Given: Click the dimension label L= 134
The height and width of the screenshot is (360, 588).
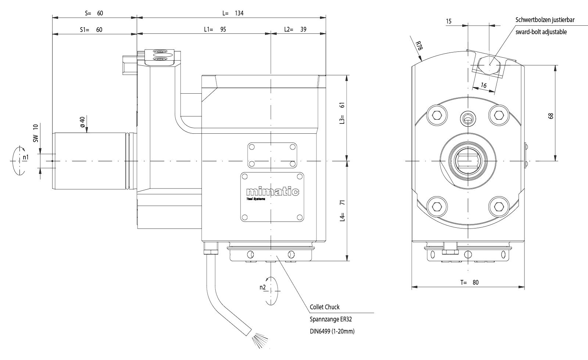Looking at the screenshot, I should pyautogui.click(x=233, y=13).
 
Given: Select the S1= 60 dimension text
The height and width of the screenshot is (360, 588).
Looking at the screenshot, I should pyautogui.click(x=91, y=30).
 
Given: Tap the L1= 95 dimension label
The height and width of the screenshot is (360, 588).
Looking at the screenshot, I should pyautogui.click(x=215, y=30).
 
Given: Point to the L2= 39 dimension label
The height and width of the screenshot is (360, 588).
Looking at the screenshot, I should pyautogui.click(x=295, y=30).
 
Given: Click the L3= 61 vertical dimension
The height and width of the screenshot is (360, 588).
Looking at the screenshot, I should pyautogui.click(x=342, y=114).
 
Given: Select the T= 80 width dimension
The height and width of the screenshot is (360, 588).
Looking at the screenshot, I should pyautogui.click(x=470, y=282).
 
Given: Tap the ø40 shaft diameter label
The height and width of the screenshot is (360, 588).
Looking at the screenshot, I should pyautogui.click(x=82, y=122).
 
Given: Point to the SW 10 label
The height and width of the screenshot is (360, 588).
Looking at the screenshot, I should pyautogui.click(x=36, y=133).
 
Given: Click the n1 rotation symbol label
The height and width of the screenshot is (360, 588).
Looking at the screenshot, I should pyautogui.click(x=25, y=158).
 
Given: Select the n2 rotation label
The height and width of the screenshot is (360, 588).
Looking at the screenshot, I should pyautogui.click(x=262, y=287).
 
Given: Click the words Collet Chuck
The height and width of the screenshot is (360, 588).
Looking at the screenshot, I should pyautogui.click(x=325, y=307).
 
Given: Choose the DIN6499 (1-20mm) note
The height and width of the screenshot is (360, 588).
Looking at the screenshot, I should pyautogui.click(x=332, y=331).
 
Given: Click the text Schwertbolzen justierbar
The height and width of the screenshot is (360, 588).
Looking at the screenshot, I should pyautogui.click(x=545, y=20).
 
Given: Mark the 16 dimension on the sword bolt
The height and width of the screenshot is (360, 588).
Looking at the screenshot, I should pyautogui.click(x=484, y=86).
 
